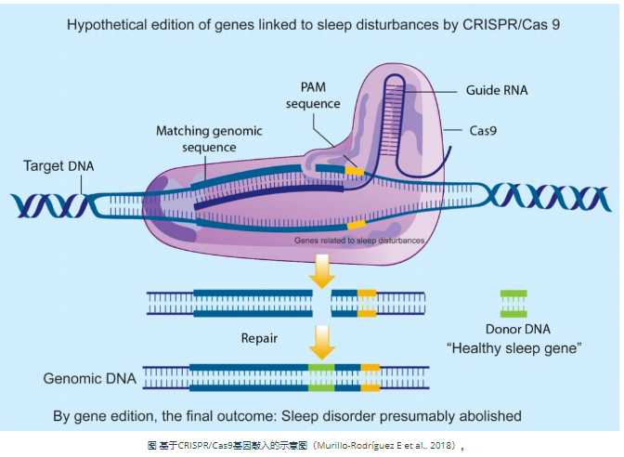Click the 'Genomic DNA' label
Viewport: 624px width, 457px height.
[89, 379]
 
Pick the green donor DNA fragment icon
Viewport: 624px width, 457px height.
[513, 304]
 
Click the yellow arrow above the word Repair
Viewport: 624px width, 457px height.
[321, 341]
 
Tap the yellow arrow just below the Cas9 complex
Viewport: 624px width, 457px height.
[321, 270]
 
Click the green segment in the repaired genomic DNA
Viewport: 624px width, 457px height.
[321, 378]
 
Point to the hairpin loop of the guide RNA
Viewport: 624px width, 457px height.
[406, 79]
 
